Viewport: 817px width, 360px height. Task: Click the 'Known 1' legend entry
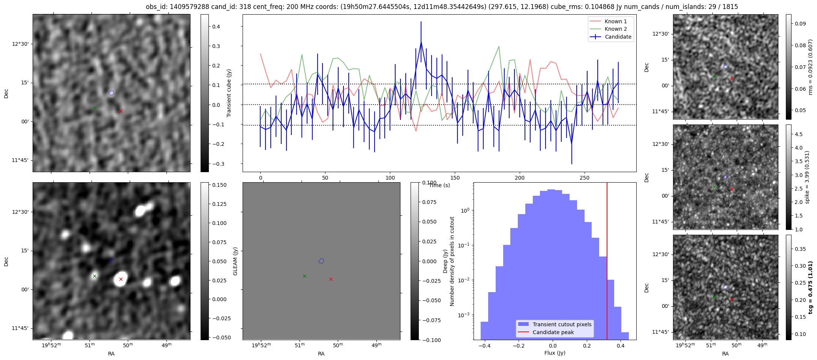click(x=615, y=21)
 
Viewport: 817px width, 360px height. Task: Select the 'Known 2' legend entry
click(x=615, y=29)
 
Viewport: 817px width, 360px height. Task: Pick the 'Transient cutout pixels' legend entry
click(x=562, y=324)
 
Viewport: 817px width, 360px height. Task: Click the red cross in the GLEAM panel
click(x=331, y=279)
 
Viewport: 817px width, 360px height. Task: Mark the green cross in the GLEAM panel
click(x=304, y=276)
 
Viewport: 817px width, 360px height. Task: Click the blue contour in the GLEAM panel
click(x=321, y=261)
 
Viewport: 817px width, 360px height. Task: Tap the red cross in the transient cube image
click(x=121, y=111)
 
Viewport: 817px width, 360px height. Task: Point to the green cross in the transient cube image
click(x=94, y=108)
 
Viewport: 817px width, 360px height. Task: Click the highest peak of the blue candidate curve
click(x=421, y=42)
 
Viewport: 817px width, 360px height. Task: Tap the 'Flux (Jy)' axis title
click(x=555, y=353)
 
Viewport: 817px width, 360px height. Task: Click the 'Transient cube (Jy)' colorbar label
click(x=229, y=93)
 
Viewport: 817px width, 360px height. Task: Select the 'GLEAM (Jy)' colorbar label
click(x=235, y=261)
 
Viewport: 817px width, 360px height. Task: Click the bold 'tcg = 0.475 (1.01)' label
click(x=811, y=288)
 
